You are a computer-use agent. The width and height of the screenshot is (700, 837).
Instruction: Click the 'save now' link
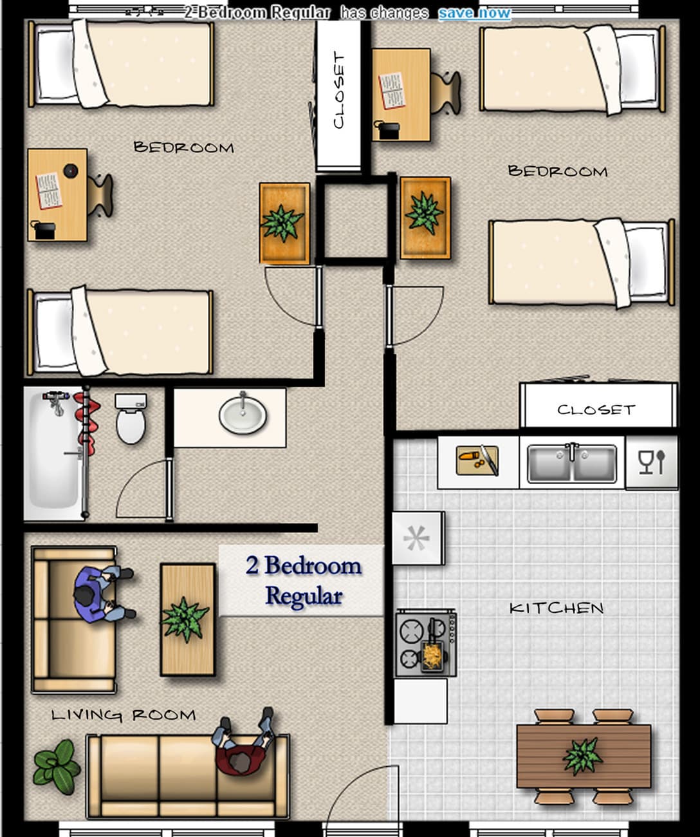[474, 14]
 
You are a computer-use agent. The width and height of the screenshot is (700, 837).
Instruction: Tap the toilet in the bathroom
[131, 418]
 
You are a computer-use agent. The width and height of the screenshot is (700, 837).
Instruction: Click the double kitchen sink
[572, 464]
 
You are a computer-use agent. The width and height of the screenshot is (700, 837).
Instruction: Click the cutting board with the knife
[477, 460]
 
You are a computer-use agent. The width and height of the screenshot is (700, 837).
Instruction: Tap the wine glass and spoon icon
[652, 462]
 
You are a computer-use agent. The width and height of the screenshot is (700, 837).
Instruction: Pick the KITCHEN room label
[557, 608]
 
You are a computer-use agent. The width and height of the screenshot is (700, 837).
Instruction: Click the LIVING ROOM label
[124, 715]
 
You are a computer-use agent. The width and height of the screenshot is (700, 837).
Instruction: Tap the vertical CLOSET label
[339, 91]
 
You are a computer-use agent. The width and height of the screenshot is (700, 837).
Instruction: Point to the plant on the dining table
[582, 757]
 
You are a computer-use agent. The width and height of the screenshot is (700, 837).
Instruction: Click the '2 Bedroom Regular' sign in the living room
[303, 581]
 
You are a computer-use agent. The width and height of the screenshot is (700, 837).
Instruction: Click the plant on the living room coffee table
[185, 620]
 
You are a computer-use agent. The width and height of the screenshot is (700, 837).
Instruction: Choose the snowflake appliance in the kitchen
[418, 538]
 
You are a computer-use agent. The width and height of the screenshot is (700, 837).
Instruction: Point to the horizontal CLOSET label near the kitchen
[596, 409]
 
